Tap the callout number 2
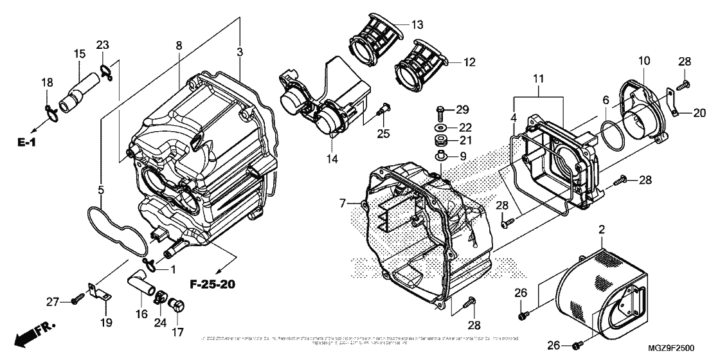[602, 230]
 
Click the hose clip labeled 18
[52, 114]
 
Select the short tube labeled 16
[141, 284]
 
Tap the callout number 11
[539, 79]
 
